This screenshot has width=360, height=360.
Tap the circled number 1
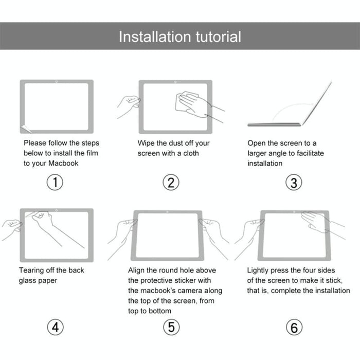coord(55,183)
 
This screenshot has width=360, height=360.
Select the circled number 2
coord(171,183)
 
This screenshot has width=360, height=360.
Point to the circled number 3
coord(294,183)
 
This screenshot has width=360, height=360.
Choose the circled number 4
coord(55,327)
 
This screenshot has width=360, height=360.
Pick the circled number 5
coord(171,327)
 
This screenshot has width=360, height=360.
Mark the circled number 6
coord(294,327)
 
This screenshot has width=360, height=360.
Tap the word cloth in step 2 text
coord(189,153)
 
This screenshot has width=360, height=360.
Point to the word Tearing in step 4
coord(32,270)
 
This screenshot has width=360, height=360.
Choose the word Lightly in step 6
coord(259,270)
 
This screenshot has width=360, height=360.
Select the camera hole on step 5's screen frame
coord(167,212)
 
